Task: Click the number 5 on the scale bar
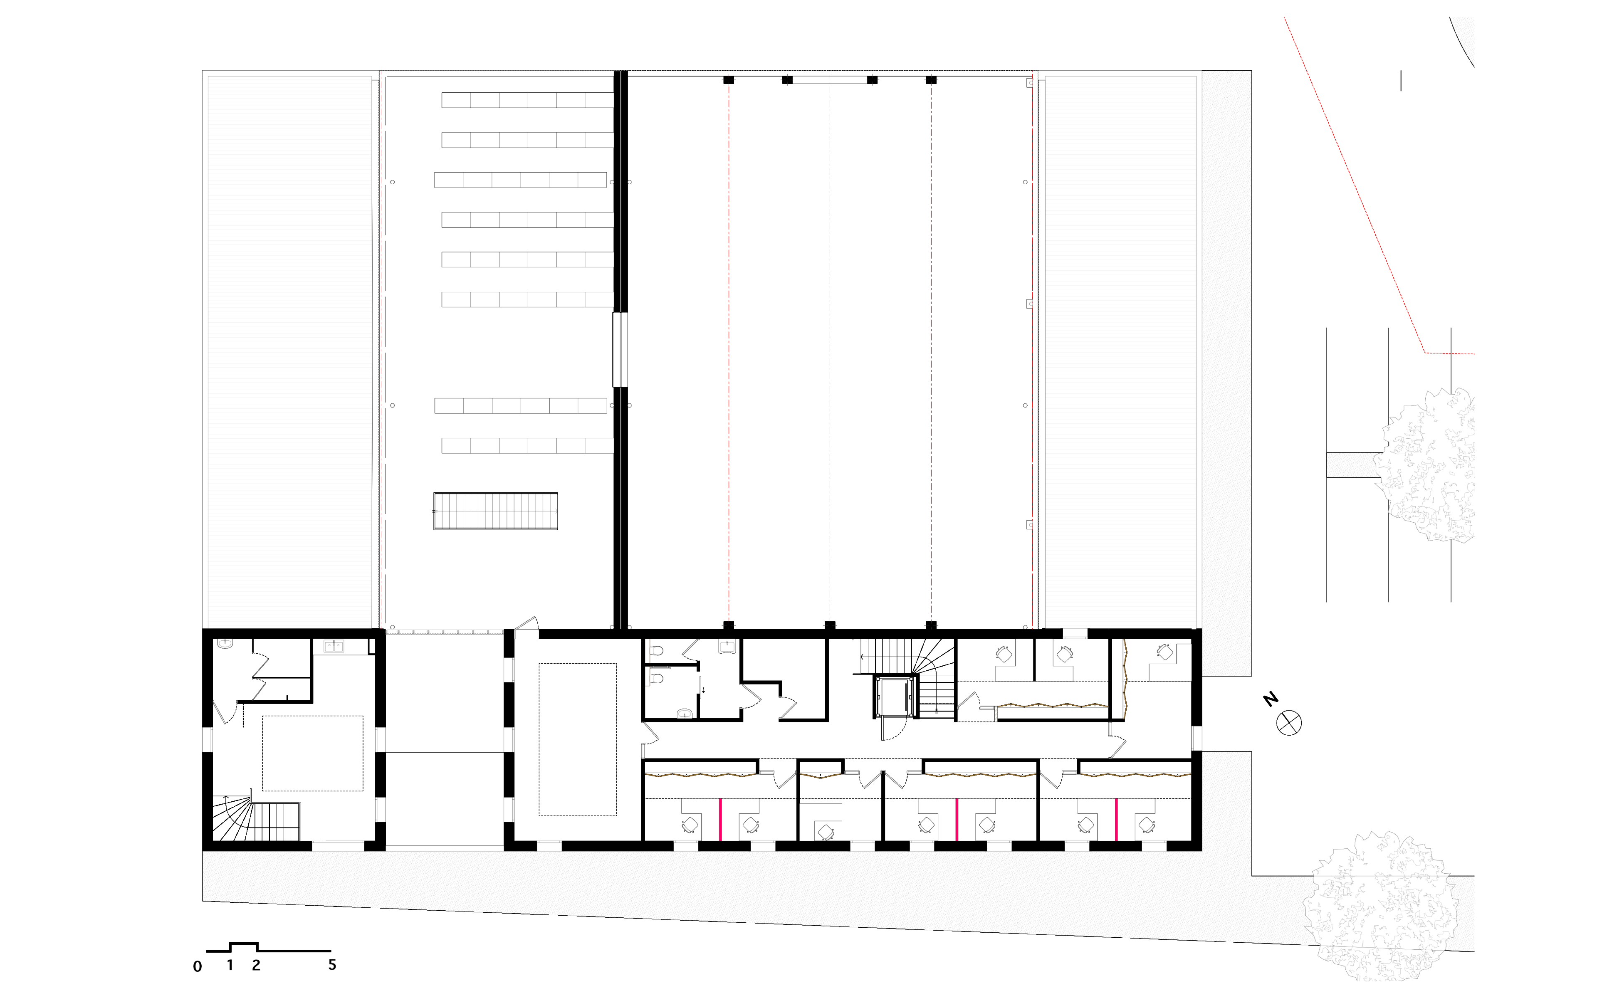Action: point(332,964)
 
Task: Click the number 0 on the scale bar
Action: point(197,966)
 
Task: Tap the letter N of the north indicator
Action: point(1271,699)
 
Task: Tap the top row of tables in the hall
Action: point(527,100)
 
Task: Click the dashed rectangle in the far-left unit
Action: point(313,753)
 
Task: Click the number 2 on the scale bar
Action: point(256,965)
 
